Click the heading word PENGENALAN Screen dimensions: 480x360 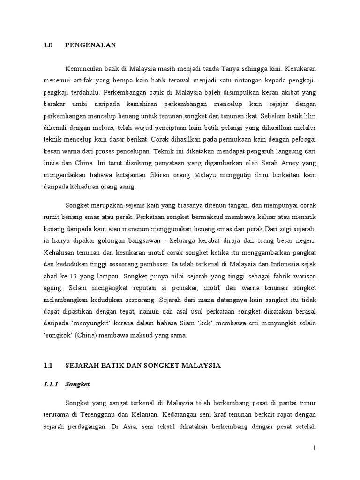click(x=90, y=45)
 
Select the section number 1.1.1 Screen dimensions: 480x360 click(x=49, y=384)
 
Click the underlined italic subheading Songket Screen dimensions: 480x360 click(x=77, y=384)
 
